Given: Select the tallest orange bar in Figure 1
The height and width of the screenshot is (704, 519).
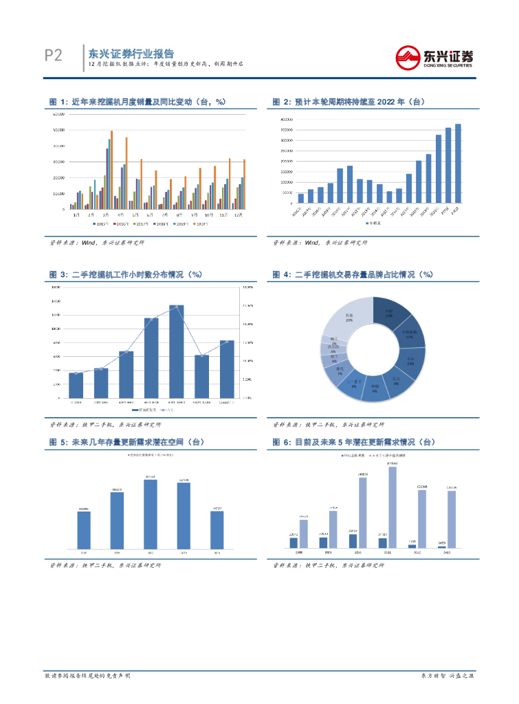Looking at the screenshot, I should click(x=112, y=170).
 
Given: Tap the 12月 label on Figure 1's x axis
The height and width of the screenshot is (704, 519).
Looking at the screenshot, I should click(x=239, y=215).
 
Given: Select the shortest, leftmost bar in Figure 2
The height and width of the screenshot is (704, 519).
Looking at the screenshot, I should click(x=301, y=199).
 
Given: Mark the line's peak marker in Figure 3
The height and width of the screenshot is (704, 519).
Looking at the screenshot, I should click(x=177, y=306).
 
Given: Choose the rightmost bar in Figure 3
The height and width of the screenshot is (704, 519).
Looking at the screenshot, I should click(x=227, y=368).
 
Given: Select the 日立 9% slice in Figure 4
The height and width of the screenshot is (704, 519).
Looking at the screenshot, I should click(x=395, y=380).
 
